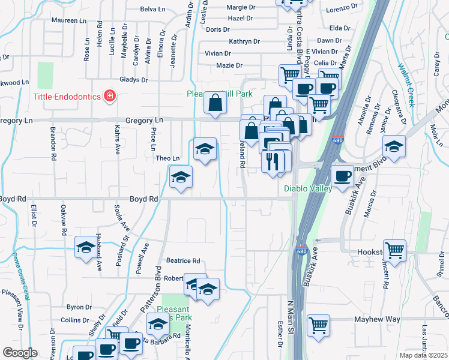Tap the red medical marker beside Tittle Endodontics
[x=109, y=95]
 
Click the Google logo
[x=20, y=352]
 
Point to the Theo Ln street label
[x=167, y=158]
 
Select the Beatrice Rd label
[x=182, y=261]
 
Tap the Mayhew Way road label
[x=376, y=320]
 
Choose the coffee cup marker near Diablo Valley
[x=342, y=176]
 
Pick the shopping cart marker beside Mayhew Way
[x=318, y=325]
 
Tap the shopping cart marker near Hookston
[x=394, y=250]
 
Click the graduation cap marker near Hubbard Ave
[x=86, y=247]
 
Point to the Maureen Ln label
[x=70, y=20]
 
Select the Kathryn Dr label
[x=244, y=41]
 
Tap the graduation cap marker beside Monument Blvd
[x=394, y=147]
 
